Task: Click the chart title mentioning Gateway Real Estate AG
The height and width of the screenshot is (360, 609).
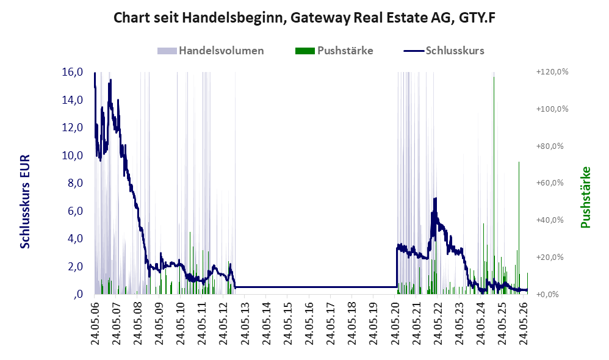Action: coord(304,18)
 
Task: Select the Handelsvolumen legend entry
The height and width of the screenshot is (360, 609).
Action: coord(211,51)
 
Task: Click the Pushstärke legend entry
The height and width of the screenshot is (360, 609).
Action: coord(334,51)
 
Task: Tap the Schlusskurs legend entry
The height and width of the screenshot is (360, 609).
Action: coord(444,51)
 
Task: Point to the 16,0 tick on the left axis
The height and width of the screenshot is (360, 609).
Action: coord(73,72)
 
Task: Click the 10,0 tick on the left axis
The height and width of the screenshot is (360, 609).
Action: coord(73,156)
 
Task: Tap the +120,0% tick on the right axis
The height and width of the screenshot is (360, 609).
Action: coord(552,72)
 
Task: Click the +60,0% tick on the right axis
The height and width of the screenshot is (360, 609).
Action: coord(550,183)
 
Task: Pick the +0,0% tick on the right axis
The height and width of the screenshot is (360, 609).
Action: coord(547,294)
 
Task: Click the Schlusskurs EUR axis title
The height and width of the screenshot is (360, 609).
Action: coord(25,201)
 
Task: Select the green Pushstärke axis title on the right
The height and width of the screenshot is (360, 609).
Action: coord(585,197)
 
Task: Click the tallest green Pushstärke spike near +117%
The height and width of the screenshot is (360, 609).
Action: coord(494,185)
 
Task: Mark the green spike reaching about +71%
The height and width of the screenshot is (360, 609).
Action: coord(519,228)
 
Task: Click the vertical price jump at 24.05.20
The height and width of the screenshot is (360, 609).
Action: coord(397,267)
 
